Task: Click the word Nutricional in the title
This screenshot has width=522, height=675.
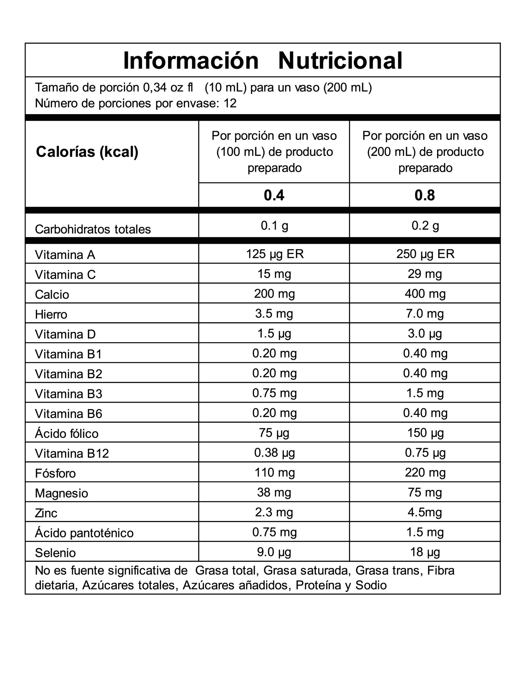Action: tap(340, 61)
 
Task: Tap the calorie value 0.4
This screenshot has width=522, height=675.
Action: tap(274, 195)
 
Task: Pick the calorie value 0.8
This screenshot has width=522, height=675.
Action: tap(425, 195)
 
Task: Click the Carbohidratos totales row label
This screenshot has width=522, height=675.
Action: tap(93, 229)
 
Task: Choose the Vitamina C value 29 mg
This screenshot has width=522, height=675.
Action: tap(425, 274)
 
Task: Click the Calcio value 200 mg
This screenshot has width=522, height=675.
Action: tap(274, 294)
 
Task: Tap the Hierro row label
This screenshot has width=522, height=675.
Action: tap(51, 314)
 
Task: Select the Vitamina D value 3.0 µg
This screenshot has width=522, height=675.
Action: tap(425, 334)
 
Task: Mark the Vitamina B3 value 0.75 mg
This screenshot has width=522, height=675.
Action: tap(274, 393)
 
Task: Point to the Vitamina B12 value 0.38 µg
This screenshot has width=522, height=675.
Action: tap(274, 453)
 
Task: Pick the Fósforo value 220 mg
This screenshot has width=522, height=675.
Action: tap(425, 472)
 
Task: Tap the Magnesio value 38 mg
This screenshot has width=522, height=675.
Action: tap(274, 492)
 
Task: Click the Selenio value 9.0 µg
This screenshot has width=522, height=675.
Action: tap(274, 552)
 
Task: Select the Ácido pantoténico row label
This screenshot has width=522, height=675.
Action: tap(84, 533)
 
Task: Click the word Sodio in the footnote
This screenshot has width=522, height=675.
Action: tap(371, 585)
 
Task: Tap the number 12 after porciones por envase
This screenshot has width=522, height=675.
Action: tap(230, 103)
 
